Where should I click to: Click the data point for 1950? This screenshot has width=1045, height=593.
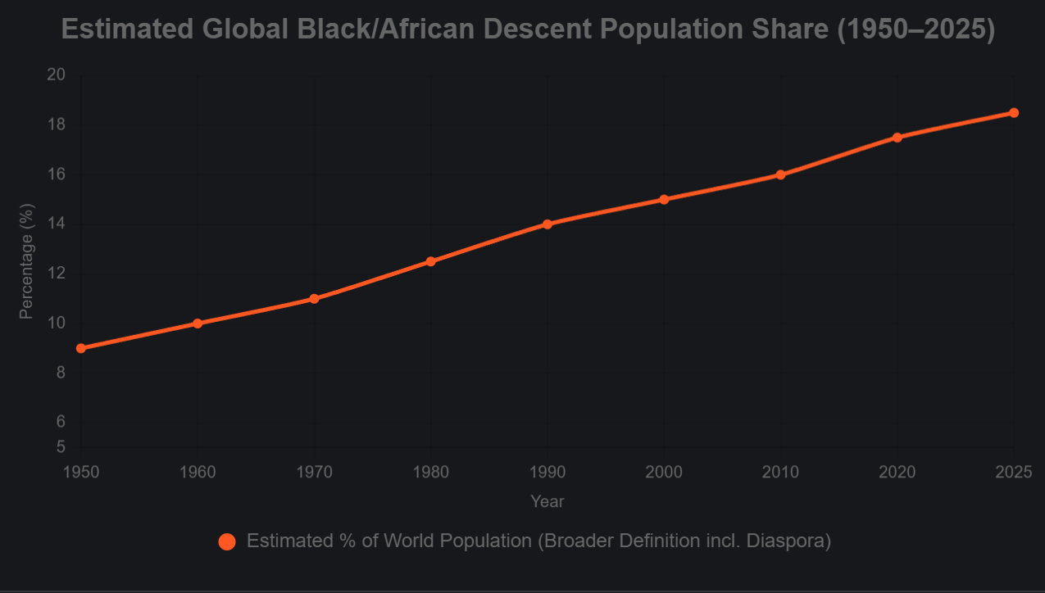[x=81, y=348]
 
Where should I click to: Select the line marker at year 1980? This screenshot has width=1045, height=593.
[x=430, y=261]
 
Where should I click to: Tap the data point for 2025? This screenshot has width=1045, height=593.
[x=1014, y=113]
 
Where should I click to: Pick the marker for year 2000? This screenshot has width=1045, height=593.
[x=664, y=200]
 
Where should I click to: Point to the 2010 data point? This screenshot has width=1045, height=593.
[x=780, y=174]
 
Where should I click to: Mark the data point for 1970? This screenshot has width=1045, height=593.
[x=314, y=299]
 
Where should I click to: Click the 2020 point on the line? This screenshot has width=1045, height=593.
[x=897, y=138]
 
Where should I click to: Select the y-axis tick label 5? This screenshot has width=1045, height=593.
[x=61, y=447]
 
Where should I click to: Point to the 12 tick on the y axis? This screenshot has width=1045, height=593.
[x=56, y=274]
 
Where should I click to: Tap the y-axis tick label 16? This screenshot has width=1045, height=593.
[x=56, y=174]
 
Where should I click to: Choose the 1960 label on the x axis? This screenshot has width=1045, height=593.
[x=198, y=473]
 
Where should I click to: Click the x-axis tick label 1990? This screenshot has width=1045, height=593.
[x=547, y=473]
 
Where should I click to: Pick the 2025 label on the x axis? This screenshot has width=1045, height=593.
[x=1013, y=473]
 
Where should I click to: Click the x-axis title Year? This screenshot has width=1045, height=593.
[x=547, y=501]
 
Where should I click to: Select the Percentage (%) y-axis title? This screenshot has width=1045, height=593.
[x=27, y=261]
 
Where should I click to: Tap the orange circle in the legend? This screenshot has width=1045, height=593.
[x=227, y=541]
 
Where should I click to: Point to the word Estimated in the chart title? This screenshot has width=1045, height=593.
[x=127, y=30]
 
